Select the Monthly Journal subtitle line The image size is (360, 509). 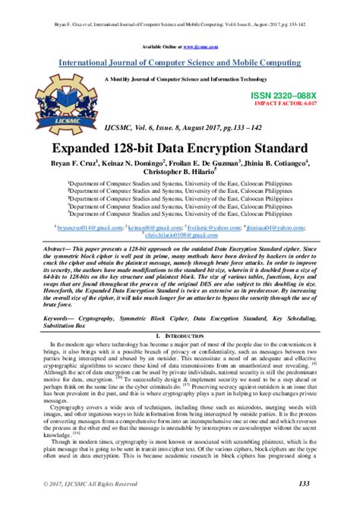coord(180,78)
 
